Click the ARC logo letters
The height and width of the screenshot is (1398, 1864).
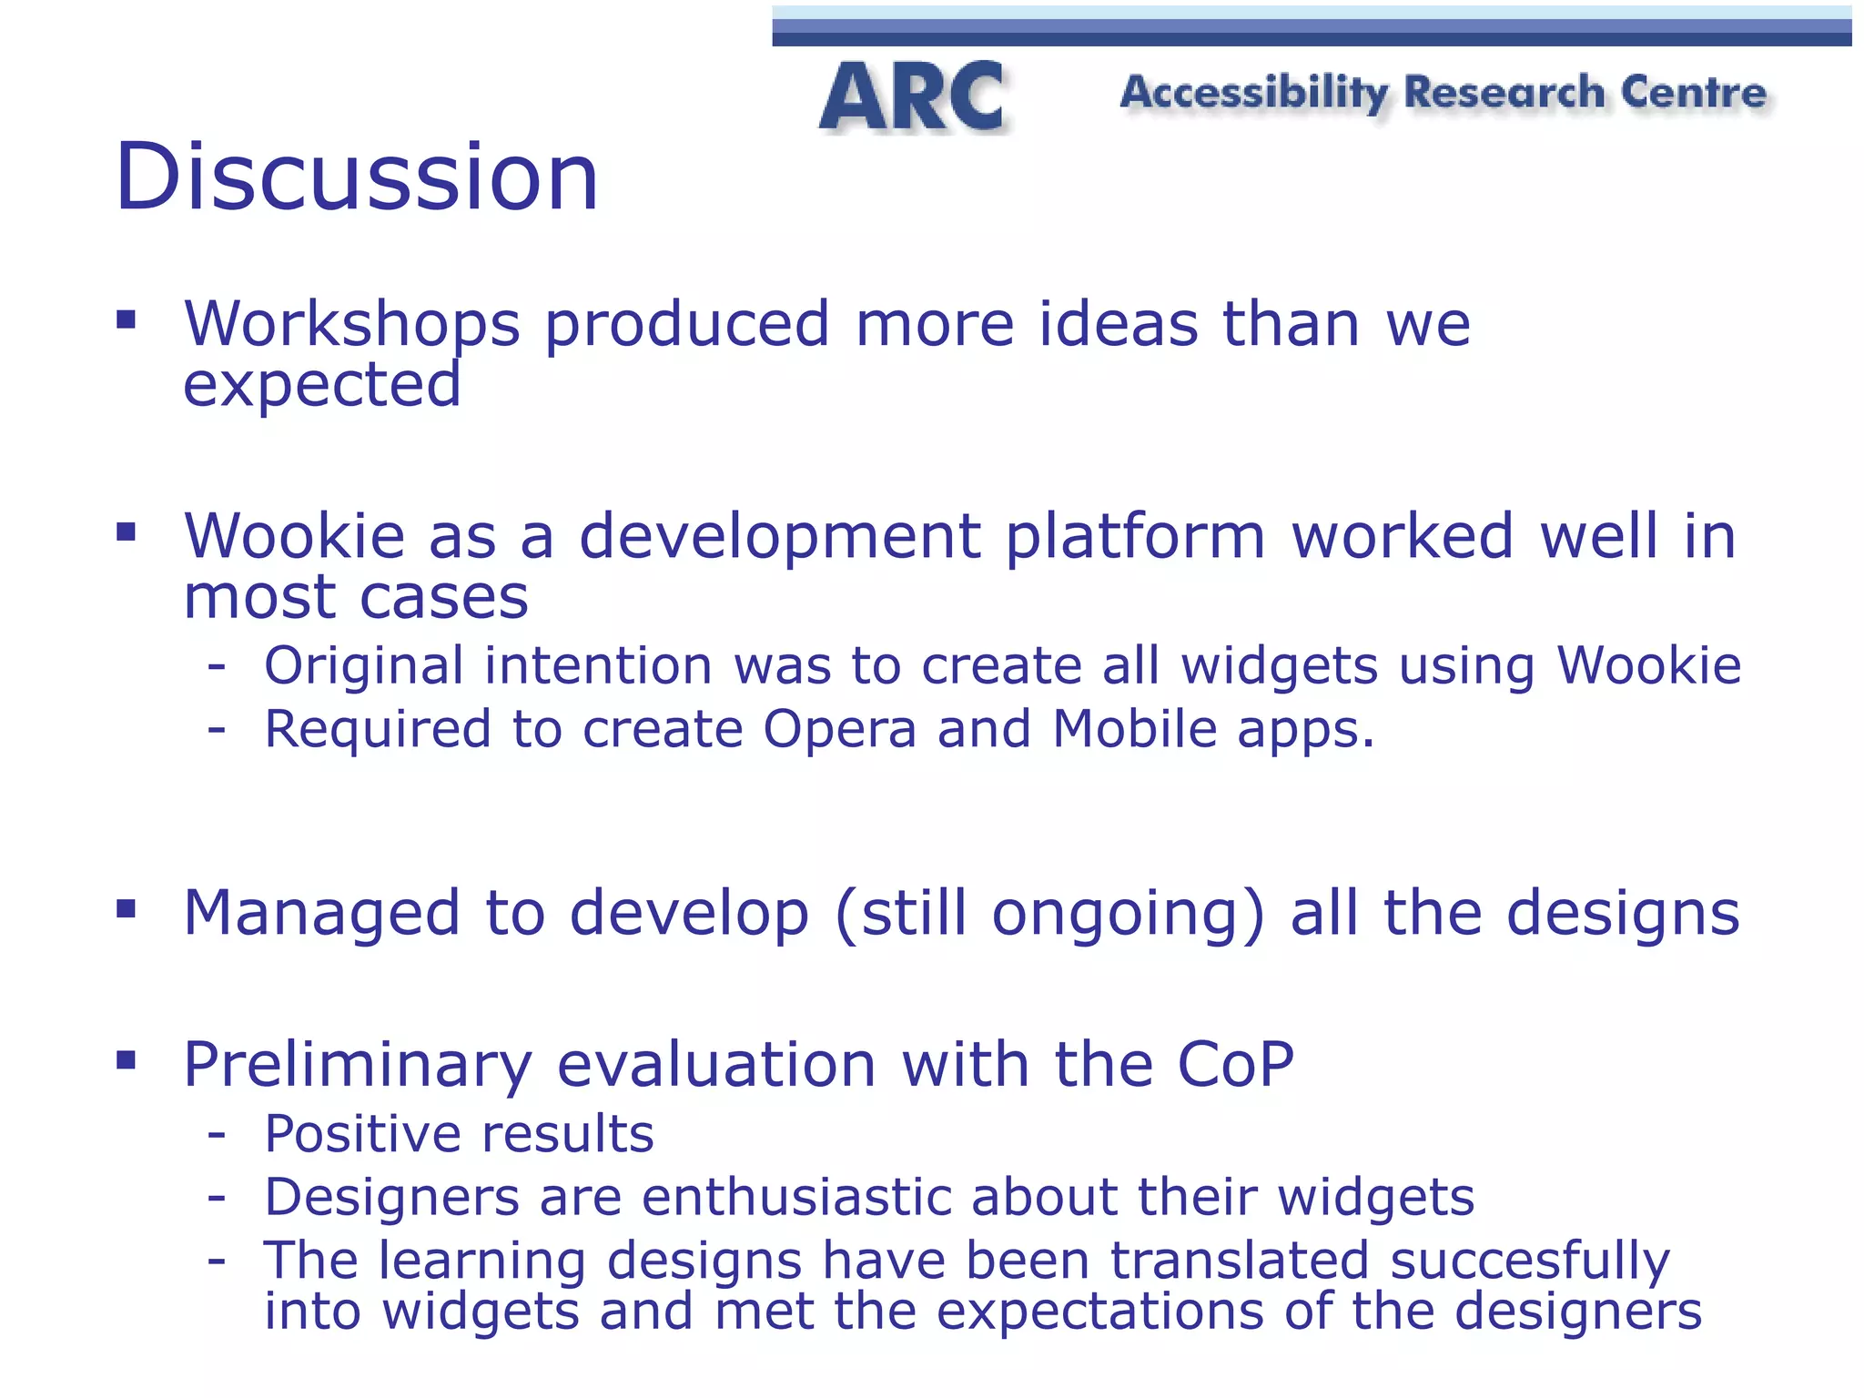tap(913, 97)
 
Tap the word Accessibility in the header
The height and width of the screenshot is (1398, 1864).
tap(1254, 94)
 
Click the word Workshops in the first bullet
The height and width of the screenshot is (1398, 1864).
tap(352, 325)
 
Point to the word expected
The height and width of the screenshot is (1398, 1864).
tap(322, 385)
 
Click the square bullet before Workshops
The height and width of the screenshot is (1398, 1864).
tap(127, 319)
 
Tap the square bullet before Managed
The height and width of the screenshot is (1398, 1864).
tap(127, 908)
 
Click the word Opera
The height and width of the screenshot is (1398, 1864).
tap(839, 730)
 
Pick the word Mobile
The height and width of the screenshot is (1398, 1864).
tap(1134, 729)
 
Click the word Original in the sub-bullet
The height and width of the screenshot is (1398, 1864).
tap(363, 665)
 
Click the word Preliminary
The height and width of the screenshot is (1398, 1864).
tap(358, 1065)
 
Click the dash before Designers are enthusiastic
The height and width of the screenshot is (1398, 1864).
tap(217, 1197)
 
